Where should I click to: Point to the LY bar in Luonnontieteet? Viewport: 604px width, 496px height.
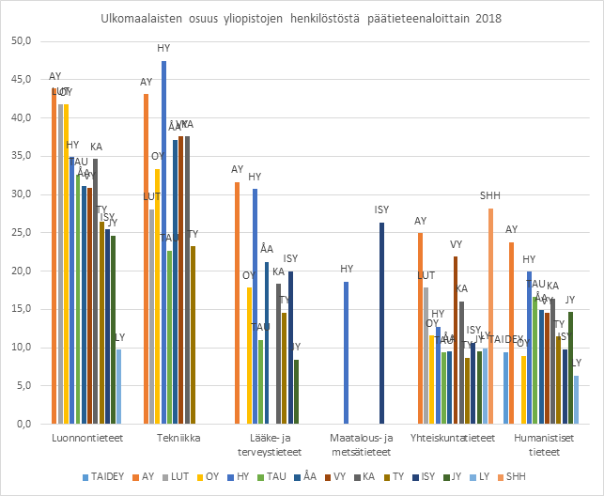pos(119,386)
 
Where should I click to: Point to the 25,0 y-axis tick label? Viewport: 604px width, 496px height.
pos(22,233)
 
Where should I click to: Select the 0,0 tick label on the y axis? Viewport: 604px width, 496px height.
pos(24,424)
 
